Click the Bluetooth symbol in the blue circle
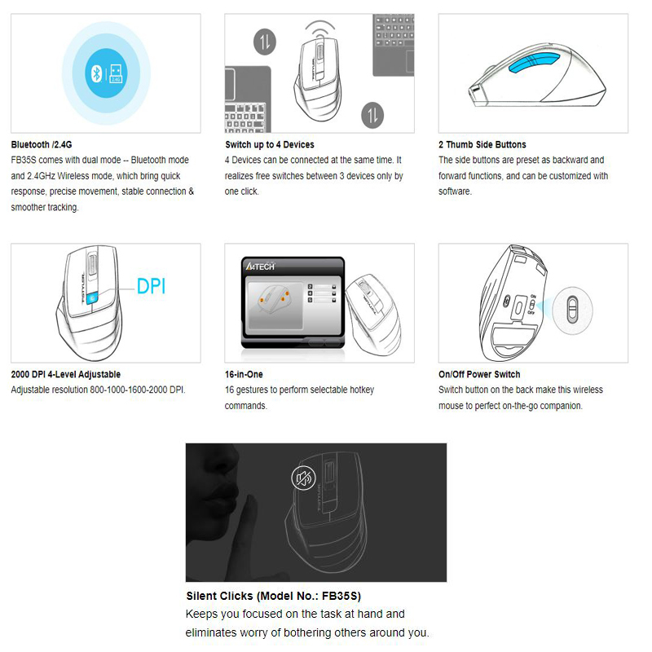coord(96,74)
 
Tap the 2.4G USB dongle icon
coord(116,74)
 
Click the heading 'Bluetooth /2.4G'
coord(42,145)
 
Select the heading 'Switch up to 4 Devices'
coord(270,145)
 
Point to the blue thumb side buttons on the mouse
coord(535,64)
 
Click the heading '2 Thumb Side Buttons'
coord(482,145)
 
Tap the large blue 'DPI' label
coord(152,287)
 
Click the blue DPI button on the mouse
coord(92,297)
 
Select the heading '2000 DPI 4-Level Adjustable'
coord(66,374)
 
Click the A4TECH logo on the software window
coord(260,267)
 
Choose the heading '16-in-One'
coord(244,374)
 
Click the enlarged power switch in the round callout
coord(573,309)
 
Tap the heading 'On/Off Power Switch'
coord(479,374)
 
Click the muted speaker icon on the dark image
coord(303,478)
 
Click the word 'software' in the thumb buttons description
coord(455,192)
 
